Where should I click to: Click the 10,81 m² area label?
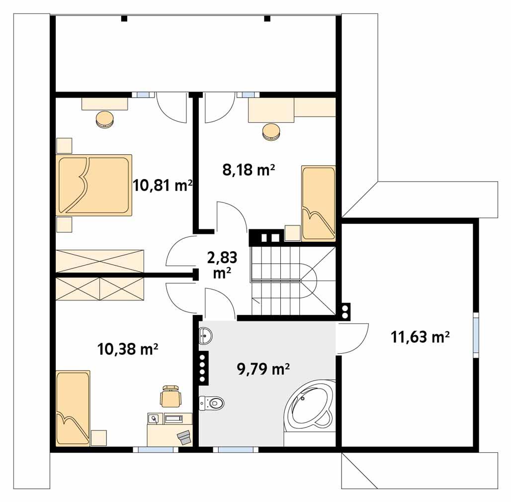tap(163, 186)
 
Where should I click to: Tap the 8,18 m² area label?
tap(249, 171)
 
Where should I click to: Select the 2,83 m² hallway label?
tap(221, 265)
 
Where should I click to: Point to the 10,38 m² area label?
tap(128, 350)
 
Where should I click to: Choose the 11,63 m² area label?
tap(420, 337)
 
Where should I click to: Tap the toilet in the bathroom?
tap(211, 402)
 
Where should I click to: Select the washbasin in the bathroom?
tap(205, 337)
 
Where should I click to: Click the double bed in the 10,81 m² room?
tap(94, 185)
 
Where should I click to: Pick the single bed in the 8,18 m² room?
tap(318, 203)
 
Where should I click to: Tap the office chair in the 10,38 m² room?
tap(170, 395)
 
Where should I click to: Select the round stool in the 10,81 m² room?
tap(105, 120)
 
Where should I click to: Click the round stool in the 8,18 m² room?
tap(271, 131)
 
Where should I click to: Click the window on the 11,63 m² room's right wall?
tap(476, 334)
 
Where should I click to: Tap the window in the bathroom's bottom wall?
tap(236, 449)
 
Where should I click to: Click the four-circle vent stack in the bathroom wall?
tap(203, 369)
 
